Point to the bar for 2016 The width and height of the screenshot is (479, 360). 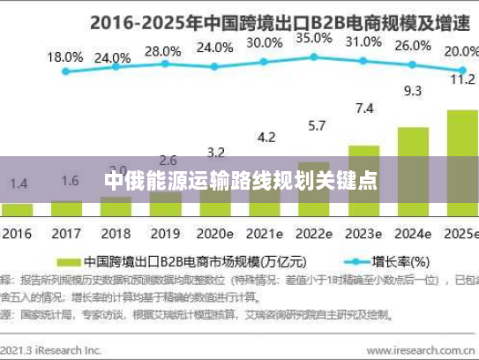coord(19,210)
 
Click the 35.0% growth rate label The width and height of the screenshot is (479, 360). coord(314,39)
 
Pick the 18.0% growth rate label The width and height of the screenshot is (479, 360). coord(65,56)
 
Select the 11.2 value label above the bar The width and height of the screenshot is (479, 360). coord(463,78)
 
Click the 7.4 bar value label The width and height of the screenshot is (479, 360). coord(364,108)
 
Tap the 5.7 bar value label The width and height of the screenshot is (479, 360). coord(315,125)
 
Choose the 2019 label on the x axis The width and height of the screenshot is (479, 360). coord(164,236)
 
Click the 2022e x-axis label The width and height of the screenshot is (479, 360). coord(315,236)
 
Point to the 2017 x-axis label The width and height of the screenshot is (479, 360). coord(65,236)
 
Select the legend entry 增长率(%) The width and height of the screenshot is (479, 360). coord(397,261)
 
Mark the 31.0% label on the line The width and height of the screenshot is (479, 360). coord(363,41)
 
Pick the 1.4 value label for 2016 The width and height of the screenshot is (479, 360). coord(18,184)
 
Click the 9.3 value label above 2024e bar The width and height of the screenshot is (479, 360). coord(413,90)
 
